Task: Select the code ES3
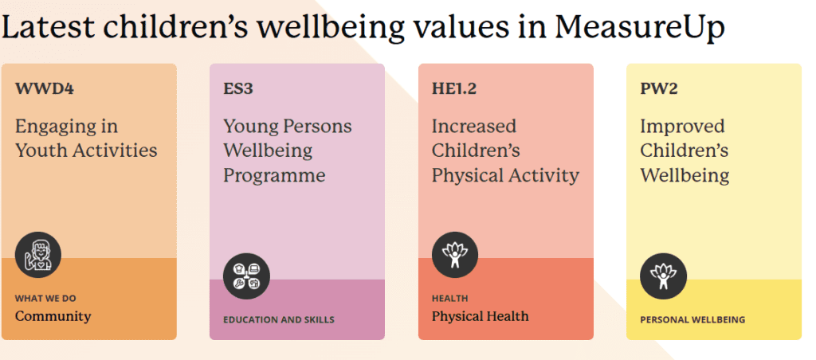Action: click(x=238, y=88)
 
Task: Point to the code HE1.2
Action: click(x=454, y=88)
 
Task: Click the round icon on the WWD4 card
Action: click(x=37, y=255)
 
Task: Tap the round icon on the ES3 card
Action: click(x=246, y=276)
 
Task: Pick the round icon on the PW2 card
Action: click(x=663, y=276)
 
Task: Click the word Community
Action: click(x=53, y=316)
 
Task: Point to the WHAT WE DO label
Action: click(x=45, y=299)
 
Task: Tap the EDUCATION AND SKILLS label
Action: click(x=279, y=320)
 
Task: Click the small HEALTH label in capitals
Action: click(x=449, y=299)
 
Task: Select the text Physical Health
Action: click(x=480, y=316)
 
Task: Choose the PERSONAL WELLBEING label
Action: click(x=692, y=320)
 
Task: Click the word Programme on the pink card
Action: click(x=274, y=175)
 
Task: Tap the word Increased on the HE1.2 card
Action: click(x=474, y=127)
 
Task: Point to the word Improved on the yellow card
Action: click(x=682, y=127)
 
